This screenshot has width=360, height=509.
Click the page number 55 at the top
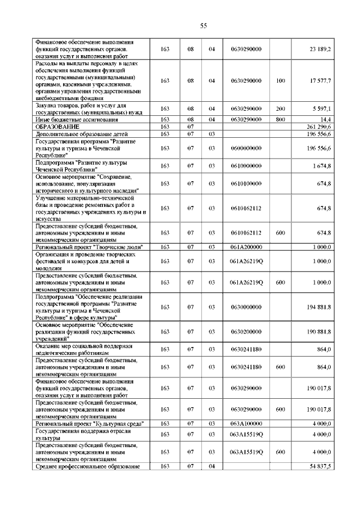point(204,25)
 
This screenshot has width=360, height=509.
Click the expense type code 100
point(281,81)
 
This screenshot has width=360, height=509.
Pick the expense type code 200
point(281,109)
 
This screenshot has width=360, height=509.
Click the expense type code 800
point(281,119)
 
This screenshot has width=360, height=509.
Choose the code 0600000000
point(246,148)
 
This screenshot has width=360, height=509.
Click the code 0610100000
point(246,183)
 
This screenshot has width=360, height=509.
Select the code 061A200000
point(246,247)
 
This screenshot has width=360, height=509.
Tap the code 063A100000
point(246,424)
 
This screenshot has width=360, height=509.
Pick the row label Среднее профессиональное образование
point(87,467)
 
